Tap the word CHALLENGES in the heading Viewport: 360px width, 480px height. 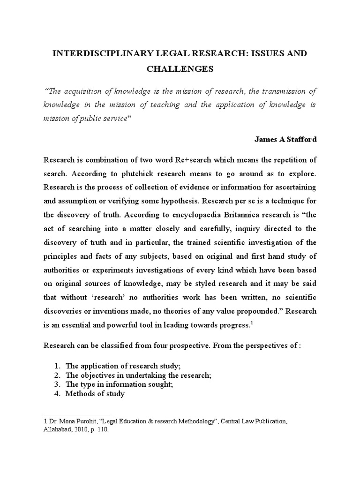tap(180, 69)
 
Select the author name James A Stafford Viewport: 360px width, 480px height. tap(285, 139)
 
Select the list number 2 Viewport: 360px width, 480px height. tap(57, 375)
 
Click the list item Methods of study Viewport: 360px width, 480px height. tap(95, 393)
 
